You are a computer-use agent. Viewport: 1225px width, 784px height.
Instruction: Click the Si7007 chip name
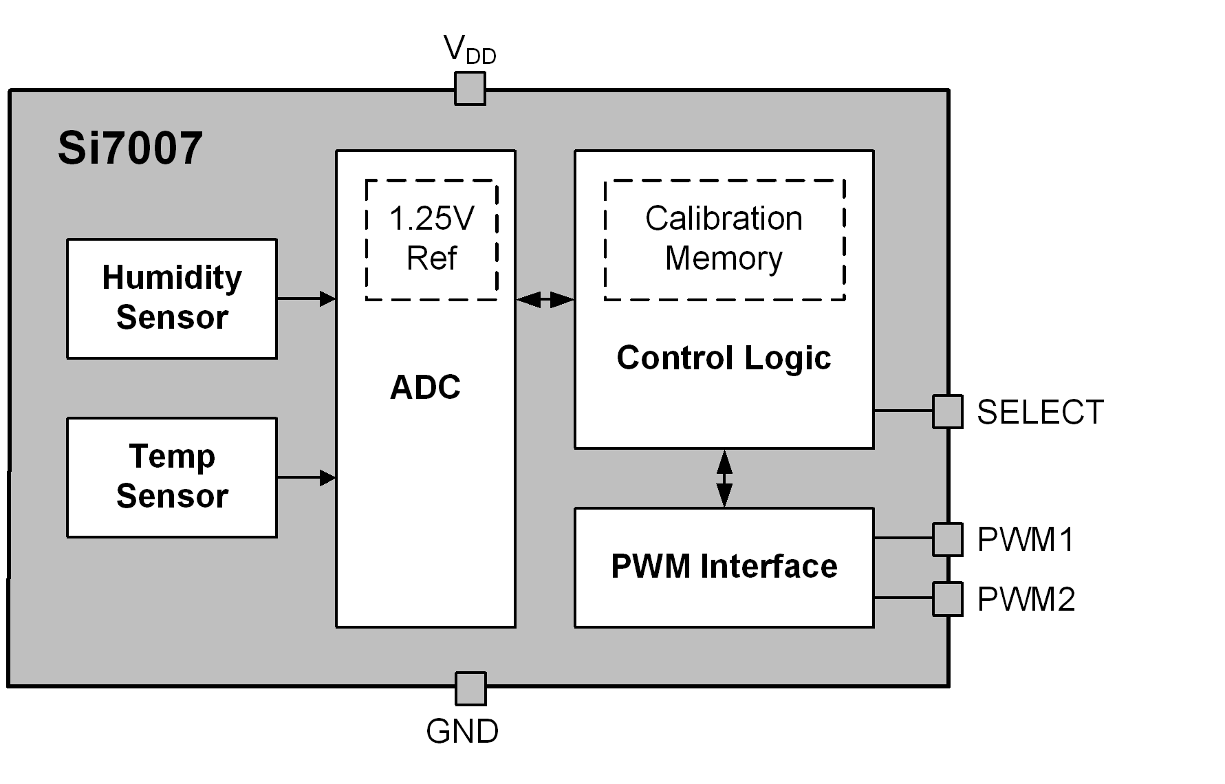(130, 148)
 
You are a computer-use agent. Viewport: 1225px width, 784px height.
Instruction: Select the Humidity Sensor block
(172, 298)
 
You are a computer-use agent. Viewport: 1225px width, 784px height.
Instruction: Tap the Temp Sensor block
(172, 477)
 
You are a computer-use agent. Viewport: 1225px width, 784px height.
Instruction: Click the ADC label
(425, 387)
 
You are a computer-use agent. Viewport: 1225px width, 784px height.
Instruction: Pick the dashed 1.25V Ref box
(431, 239)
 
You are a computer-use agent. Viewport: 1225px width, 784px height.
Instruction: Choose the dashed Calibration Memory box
(724, 239)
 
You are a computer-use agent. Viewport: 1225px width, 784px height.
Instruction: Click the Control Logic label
(724, 358)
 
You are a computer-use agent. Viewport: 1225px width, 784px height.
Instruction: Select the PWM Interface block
(724, 567)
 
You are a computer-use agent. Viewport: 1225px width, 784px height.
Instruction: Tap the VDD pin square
(470, 89)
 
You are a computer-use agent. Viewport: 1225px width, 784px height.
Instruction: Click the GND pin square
(470, 688)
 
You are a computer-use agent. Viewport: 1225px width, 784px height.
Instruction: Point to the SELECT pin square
(947, 411)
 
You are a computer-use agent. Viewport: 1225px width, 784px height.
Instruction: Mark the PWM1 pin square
(947, 539)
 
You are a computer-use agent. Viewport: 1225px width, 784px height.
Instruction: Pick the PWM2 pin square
(947, 598)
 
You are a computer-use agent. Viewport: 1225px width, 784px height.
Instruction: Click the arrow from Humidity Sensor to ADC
(306, 298)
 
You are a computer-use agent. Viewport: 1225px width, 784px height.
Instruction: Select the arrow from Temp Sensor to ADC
(306, 477)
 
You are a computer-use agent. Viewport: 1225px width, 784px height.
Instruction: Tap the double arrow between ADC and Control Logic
(545, 299)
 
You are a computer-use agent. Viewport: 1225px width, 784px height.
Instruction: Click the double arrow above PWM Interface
(724, 479)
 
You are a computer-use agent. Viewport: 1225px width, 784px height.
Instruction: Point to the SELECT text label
(1040, 413)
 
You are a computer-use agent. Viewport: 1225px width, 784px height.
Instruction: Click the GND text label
(462, 732)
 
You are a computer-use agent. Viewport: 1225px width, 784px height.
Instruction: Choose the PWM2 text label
(1026, 600)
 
